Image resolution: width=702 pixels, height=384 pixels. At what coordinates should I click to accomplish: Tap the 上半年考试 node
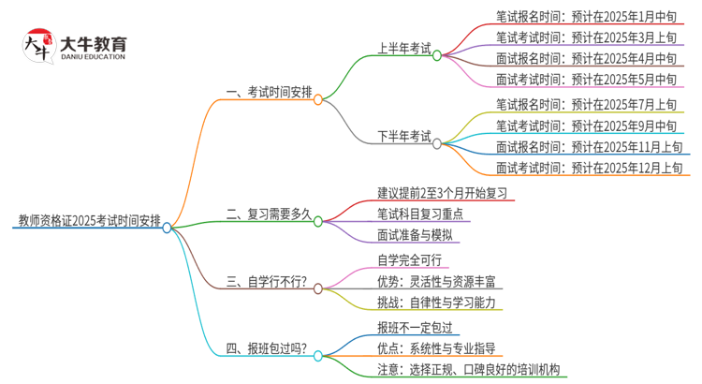click(403, 48)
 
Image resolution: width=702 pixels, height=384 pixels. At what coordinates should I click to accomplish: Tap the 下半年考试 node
click(403, 137)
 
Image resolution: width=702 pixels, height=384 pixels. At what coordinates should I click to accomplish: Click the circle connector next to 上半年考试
click(437, 55)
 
